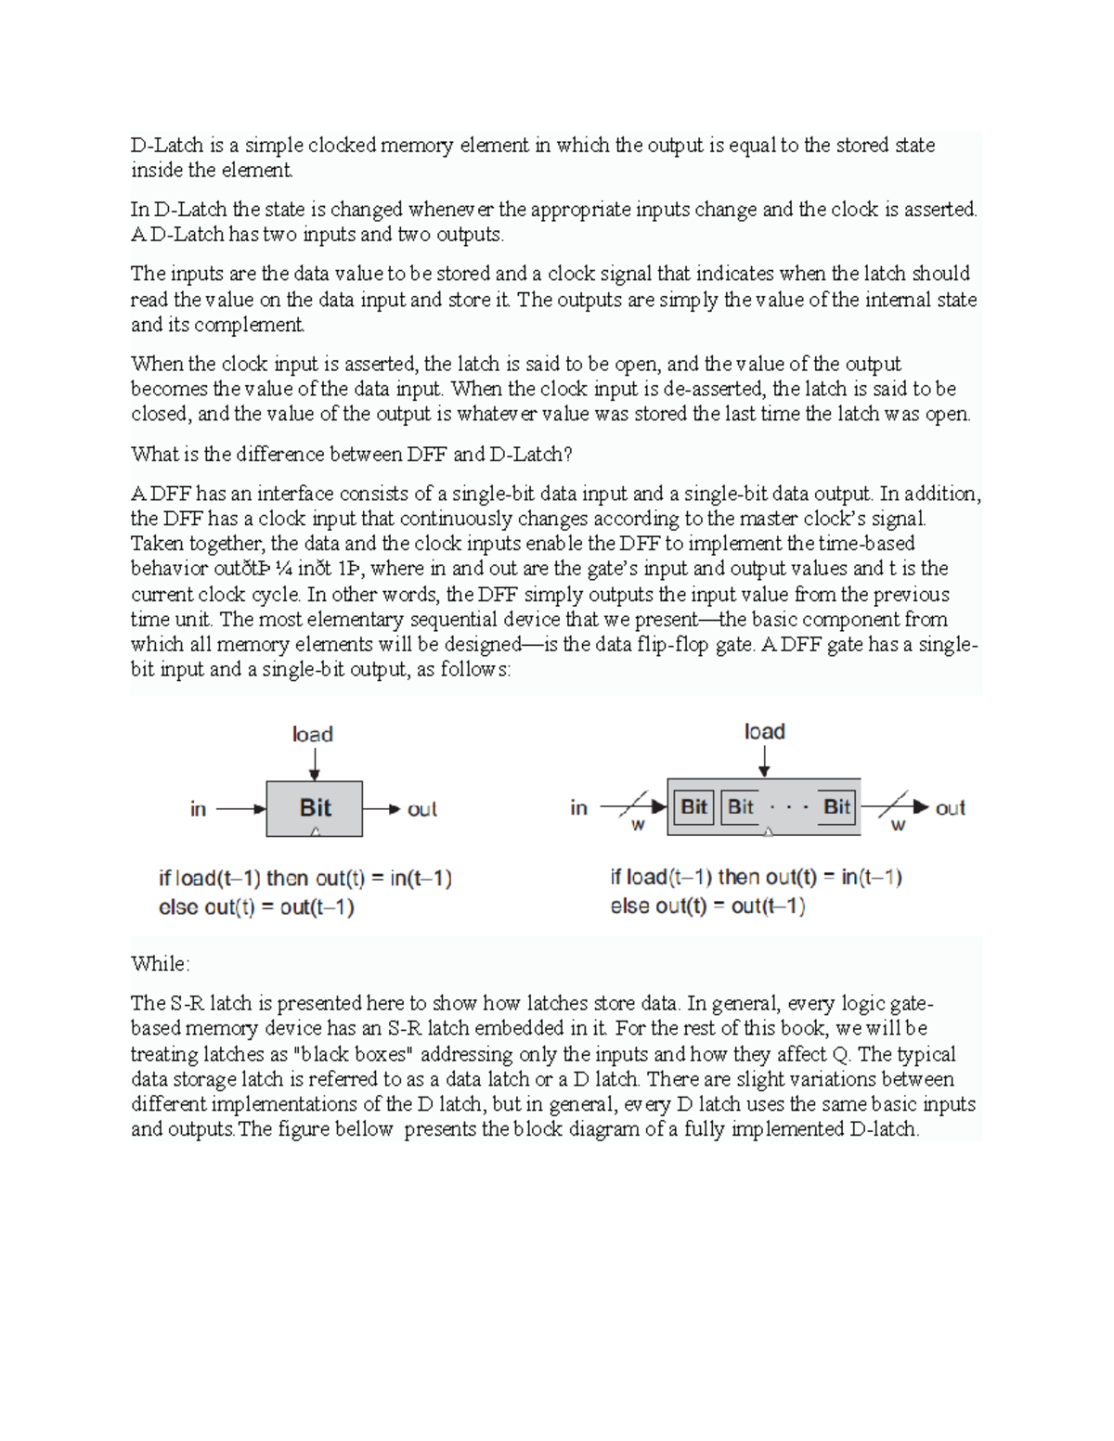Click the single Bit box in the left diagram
(x=315, y=808)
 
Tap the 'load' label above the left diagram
(x=312, y=734)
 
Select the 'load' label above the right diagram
(x=764, y=731)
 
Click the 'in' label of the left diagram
(x=198, y=809)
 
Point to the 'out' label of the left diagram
(x=421, y=809)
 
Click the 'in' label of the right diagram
(x=578, y=808)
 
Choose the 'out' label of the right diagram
(x=950, y=808)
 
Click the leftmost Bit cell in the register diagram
(x=693, y=806)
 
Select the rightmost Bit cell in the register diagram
(x=836, y=806)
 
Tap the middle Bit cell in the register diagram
(x=741, y=806)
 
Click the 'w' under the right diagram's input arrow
(x=638, y=825)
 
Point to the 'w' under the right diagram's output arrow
(x=898, y=825)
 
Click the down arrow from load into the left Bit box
(x=316, y=764)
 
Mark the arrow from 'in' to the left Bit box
(x=241, y=809)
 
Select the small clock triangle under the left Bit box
(x=316, y=832)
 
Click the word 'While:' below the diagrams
(x=160, y=964)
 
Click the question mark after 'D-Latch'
(x=568, y=455)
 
